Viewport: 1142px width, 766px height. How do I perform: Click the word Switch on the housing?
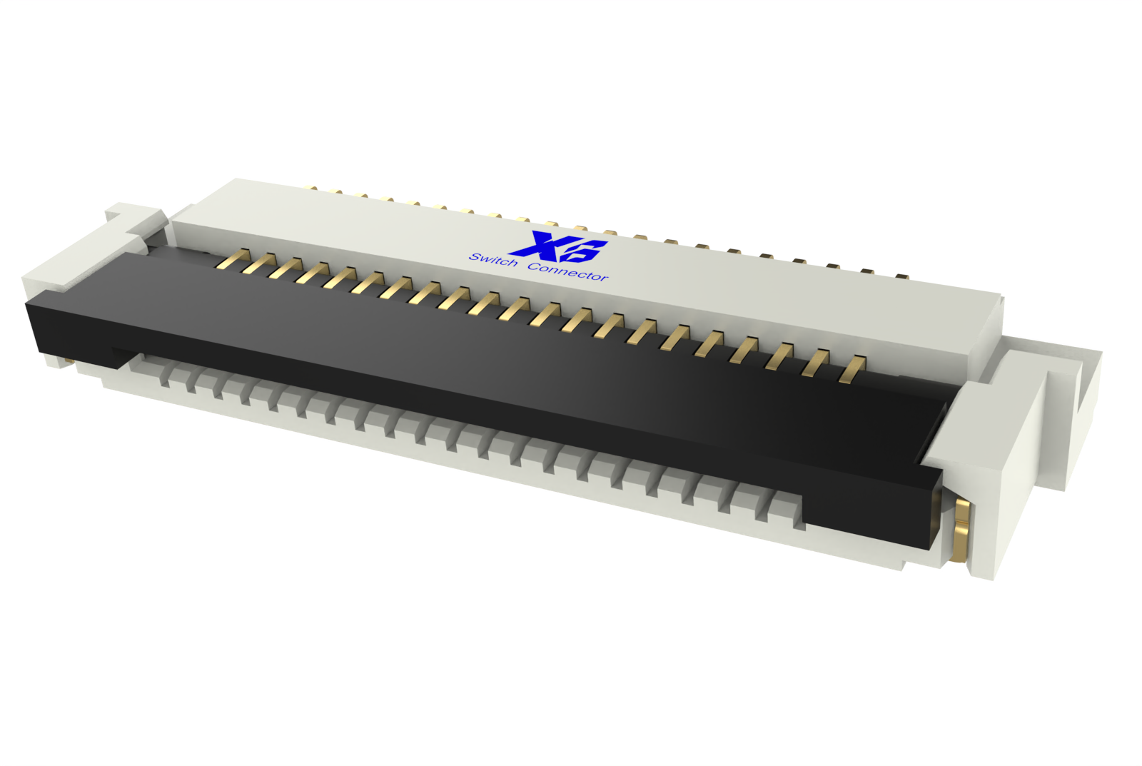tap(493, 261)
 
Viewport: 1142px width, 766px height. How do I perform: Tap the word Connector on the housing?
tap(568, 272)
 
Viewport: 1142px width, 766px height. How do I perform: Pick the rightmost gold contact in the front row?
tap(852, 369)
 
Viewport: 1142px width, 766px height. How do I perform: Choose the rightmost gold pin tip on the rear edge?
tap(901, 276)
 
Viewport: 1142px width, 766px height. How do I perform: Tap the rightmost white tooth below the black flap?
tap(785, 513)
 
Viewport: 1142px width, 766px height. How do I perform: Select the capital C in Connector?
tap(533, 267)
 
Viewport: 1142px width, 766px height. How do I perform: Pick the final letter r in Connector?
tap(604, 278)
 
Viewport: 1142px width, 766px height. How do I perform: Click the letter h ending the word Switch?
tap(512, 263)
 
